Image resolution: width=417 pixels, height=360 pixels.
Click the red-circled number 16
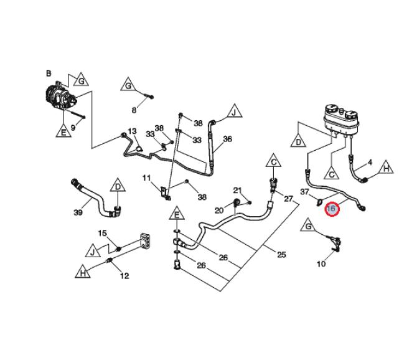(x=332, y=209)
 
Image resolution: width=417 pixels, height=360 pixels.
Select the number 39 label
(x=78, y=213)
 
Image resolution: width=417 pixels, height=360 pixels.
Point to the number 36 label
(x=227, y=139)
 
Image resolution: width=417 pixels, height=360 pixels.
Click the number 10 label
(x=321, y=264)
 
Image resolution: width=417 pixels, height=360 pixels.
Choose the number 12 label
(x=124, y=276)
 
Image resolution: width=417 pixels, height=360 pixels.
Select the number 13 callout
(x=132, y=131)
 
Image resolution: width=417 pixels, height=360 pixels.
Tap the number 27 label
(x=288, y=199)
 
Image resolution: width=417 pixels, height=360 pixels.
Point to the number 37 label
(x=305, y=192)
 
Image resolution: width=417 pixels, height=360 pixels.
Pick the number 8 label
(x=133, y=111)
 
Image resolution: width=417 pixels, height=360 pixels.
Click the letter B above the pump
(x=49, y=73)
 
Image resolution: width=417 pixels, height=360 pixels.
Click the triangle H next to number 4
(x=386, y=168)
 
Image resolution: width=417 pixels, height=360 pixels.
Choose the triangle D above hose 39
(x=117, y=186)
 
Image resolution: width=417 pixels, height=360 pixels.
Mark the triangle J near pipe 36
(x=235, y=113)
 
